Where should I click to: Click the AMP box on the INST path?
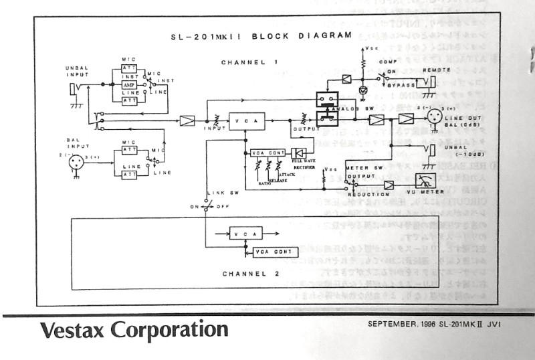click(x=129, y=86)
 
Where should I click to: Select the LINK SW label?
click(x=219, y=193)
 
